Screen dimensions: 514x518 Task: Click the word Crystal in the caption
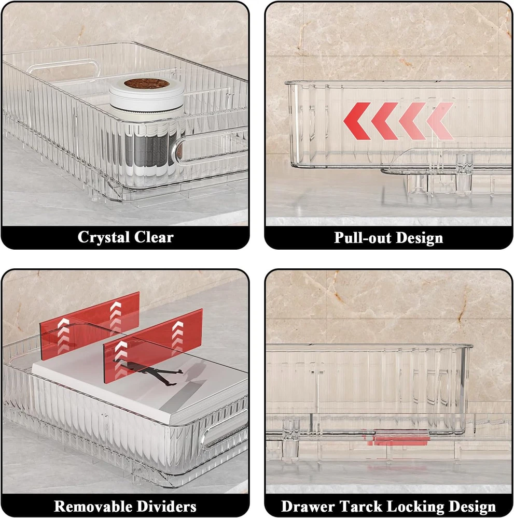pos(103,237)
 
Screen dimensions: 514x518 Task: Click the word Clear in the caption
pos(154,237)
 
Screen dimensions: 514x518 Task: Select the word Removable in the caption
pos(92,506)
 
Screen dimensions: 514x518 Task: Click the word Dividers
pos(166,506)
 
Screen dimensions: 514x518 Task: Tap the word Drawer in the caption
pos(308,506)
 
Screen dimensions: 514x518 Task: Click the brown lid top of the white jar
pos(147,83)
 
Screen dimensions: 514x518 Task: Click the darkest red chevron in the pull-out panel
pos(357,121)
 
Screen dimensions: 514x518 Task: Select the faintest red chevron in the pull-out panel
pos(440,121)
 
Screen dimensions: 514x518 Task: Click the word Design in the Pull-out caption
pos(420,238)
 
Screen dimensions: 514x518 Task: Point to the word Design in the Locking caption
pos(471,507)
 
